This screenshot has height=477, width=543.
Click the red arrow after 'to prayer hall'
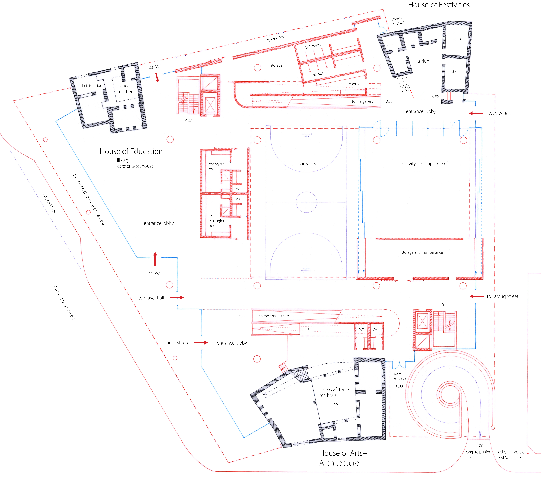tap(177, 298)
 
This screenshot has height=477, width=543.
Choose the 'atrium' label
tap(424, 61)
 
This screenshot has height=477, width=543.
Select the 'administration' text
tap(90, 86)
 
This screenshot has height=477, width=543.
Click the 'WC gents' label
tap(313, 46)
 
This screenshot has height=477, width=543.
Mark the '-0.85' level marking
tap(435, 96)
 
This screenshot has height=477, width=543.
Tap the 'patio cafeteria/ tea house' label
tap(334, 392)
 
